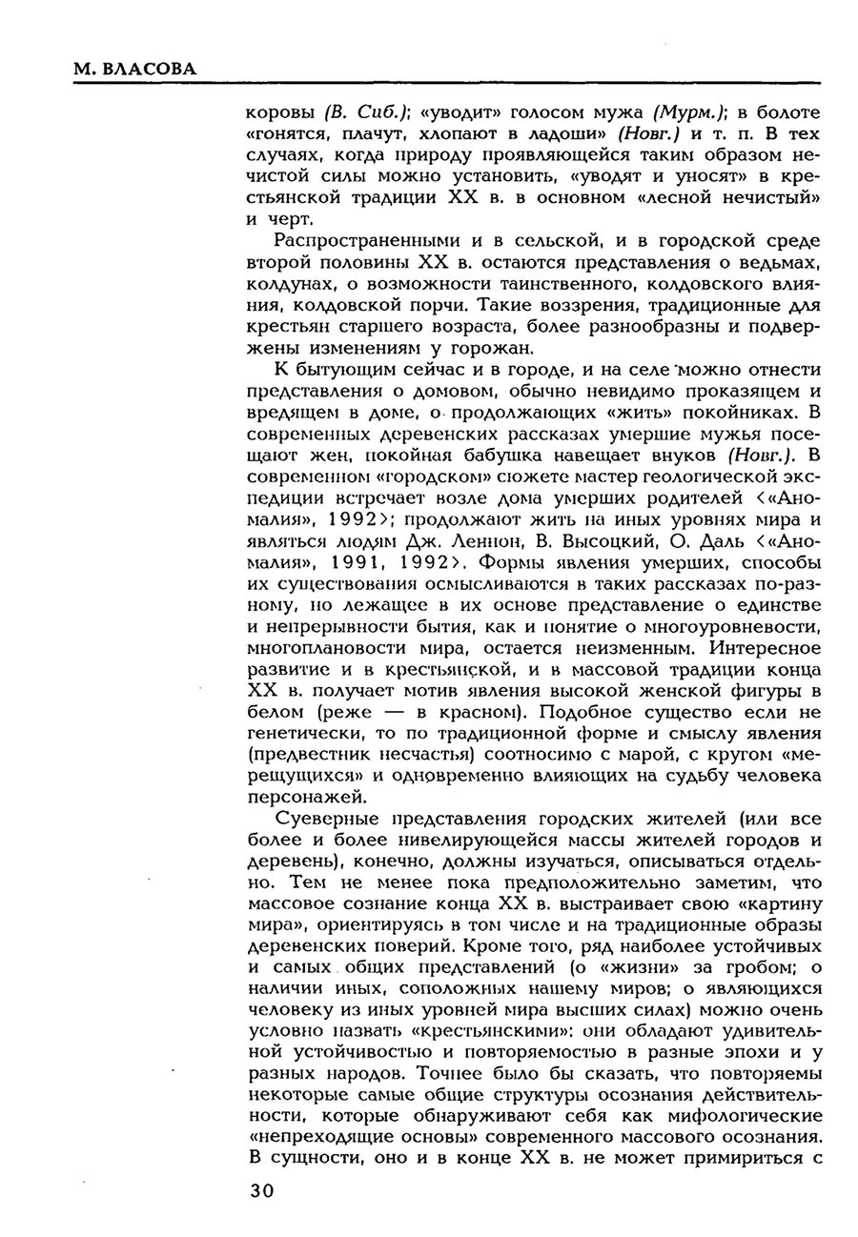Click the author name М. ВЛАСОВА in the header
(134, 70)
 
